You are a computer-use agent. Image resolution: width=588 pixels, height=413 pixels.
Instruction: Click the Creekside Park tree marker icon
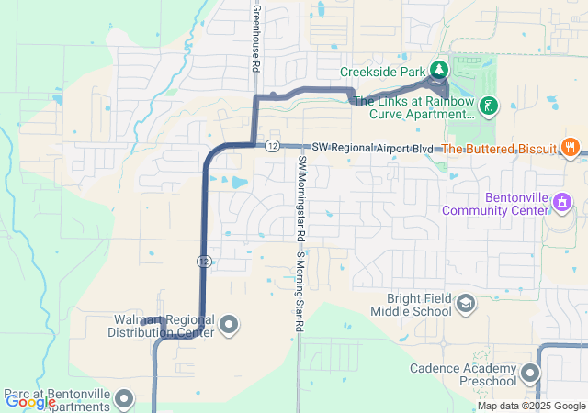439,70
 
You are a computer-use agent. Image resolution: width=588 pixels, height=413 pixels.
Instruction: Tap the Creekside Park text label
383,71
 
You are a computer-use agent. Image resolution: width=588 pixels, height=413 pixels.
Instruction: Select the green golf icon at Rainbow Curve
489,106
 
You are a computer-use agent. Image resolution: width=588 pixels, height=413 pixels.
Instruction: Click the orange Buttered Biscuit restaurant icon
571,147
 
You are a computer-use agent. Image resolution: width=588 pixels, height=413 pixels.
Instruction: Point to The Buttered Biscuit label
500,148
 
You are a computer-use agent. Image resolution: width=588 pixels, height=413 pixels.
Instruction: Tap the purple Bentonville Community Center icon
563,201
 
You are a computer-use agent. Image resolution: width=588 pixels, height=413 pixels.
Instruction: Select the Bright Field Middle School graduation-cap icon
466,303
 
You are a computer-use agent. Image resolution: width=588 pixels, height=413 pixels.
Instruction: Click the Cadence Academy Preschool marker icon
529,373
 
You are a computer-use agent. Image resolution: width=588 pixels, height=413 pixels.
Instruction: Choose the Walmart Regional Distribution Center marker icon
229,324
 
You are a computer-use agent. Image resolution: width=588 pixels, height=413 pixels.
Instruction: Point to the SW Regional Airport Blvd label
371,148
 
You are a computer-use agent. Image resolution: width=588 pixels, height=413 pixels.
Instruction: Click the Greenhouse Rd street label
255,37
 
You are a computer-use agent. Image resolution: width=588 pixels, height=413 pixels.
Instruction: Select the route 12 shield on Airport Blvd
272,146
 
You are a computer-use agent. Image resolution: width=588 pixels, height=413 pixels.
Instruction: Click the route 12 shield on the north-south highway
201,262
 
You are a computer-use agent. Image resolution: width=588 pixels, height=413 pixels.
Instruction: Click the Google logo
30,401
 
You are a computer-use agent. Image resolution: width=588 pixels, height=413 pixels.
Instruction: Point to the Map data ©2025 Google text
531,406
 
